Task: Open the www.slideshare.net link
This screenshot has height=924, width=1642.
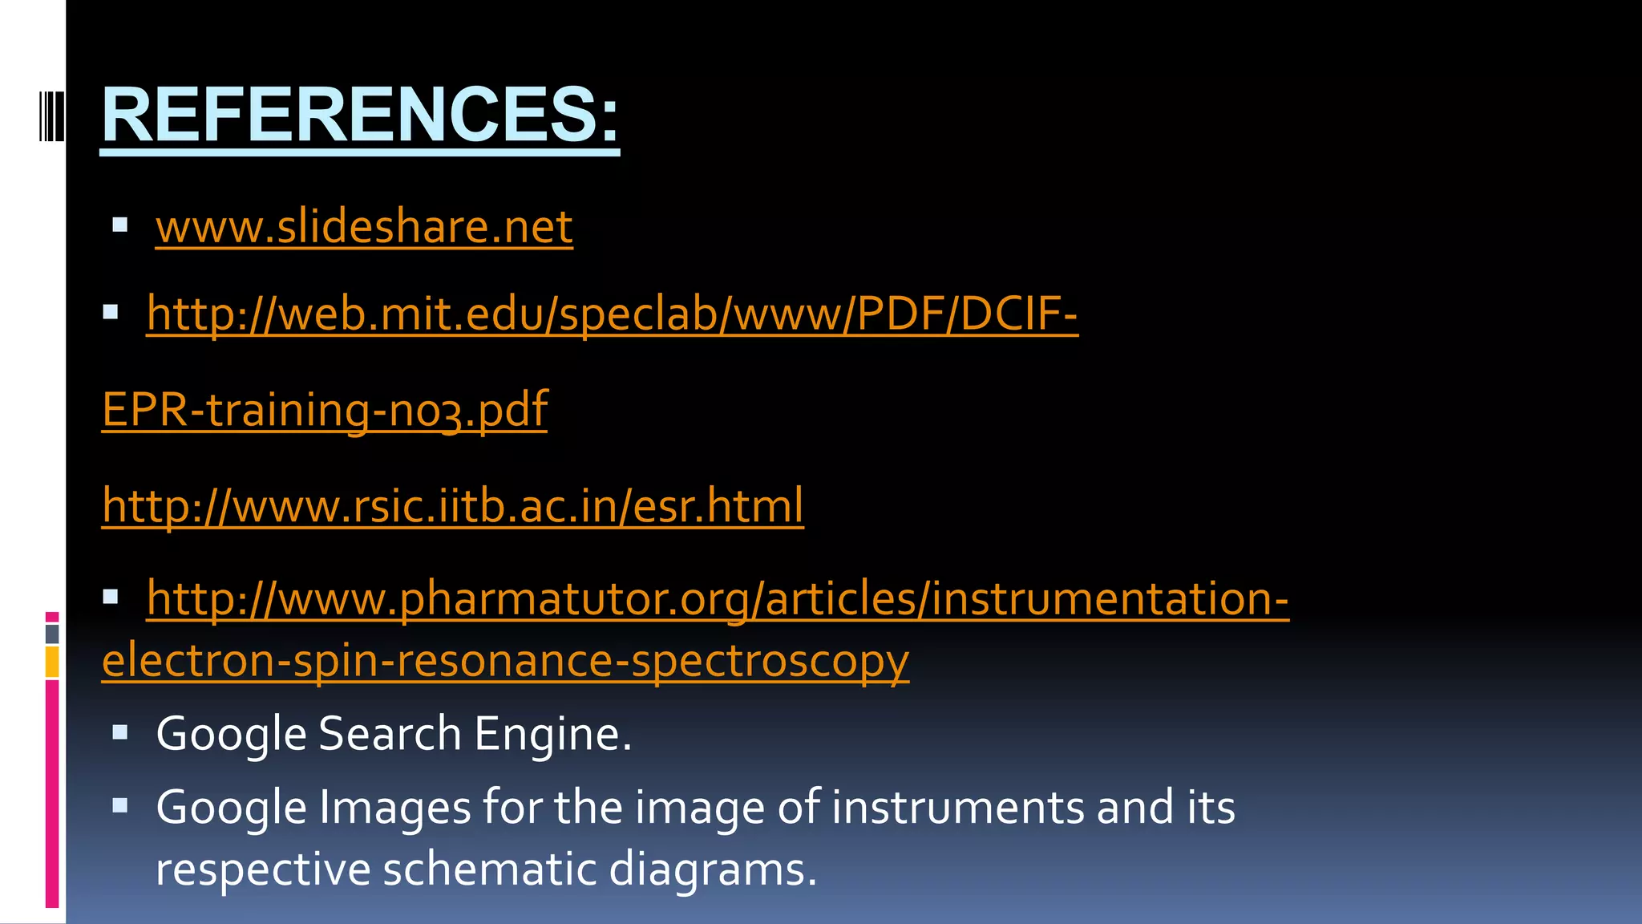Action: tap(364, 226)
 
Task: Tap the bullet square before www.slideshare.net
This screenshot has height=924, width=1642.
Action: tap(120, 225)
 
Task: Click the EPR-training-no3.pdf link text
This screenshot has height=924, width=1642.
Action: tap(325, 409)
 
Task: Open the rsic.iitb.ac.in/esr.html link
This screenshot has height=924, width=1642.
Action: tap(453, 505)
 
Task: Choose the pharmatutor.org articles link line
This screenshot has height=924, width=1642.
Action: tap(718, 598)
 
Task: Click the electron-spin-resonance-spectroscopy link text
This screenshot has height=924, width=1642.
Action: tap(505, 660)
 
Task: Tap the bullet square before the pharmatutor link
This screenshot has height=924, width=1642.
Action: tap(111, 597)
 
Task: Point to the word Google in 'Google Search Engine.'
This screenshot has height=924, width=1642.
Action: tap(231, 734)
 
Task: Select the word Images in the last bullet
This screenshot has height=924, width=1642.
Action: tap(394, 807)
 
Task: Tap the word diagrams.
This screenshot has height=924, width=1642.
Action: tap(712, 869)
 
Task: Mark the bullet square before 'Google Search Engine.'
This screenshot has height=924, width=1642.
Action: tap(120, 732)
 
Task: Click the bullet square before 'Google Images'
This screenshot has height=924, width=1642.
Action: tap(120, 805)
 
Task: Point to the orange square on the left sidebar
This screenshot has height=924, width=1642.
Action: tap(52, 663)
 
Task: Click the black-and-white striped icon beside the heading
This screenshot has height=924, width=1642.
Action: tap(51, 116)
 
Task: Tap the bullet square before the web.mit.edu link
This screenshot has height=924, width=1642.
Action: tap(111, 312)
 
